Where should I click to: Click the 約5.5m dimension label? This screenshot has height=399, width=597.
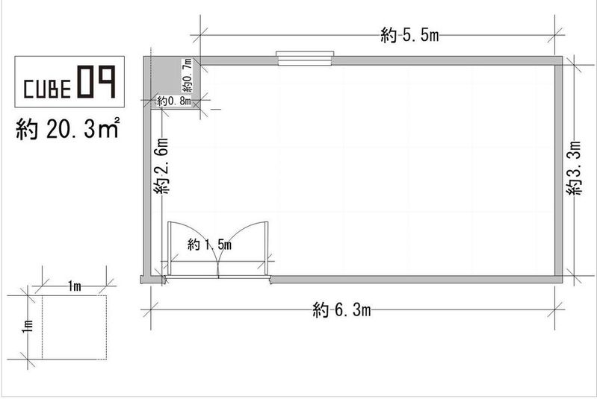tap(409, 35)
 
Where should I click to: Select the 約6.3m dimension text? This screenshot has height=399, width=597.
tap(341, 310)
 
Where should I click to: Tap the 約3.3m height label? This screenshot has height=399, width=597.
tap(574, 168)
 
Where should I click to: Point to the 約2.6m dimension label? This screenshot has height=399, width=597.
tap(161, 166)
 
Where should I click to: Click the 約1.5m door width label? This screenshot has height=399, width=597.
tap(209, 245)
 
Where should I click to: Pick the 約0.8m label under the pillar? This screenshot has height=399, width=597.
tap(174, 101)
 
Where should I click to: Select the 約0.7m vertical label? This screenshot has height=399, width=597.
tap(187, 75)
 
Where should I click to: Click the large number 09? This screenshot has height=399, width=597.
tap(96, 82)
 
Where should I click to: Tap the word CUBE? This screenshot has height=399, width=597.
tap(47, 89)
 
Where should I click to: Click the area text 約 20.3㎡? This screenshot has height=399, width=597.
tap(68, 128)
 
